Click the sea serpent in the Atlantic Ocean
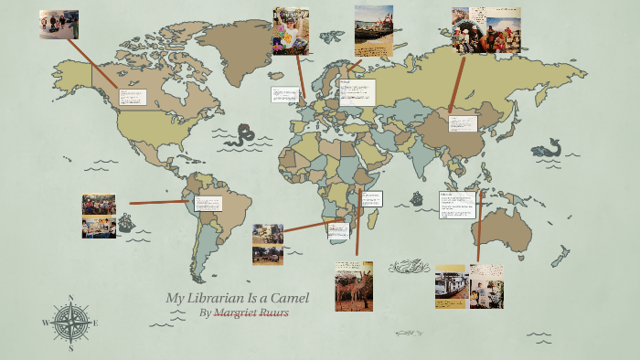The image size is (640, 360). pos(240,137)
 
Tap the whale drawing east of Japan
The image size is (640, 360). pos(547,147)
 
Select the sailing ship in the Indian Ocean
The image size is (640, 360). pos(417,198)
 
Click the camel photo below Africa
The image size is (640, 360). pos(354,285)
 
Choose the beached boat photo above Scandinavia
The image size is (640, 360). pos(374,30)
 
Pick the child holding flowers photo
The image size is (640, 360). pos(291,31)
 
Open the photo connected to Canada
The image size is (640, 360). pos(59,25)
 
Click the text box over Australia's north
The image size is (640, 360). pos(457,205)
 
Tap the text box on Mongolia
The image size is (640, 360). pos(462,124)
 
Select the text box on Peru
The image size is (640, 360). pos(208,203)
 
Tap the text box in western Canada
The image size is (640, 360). pos(133,97)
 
